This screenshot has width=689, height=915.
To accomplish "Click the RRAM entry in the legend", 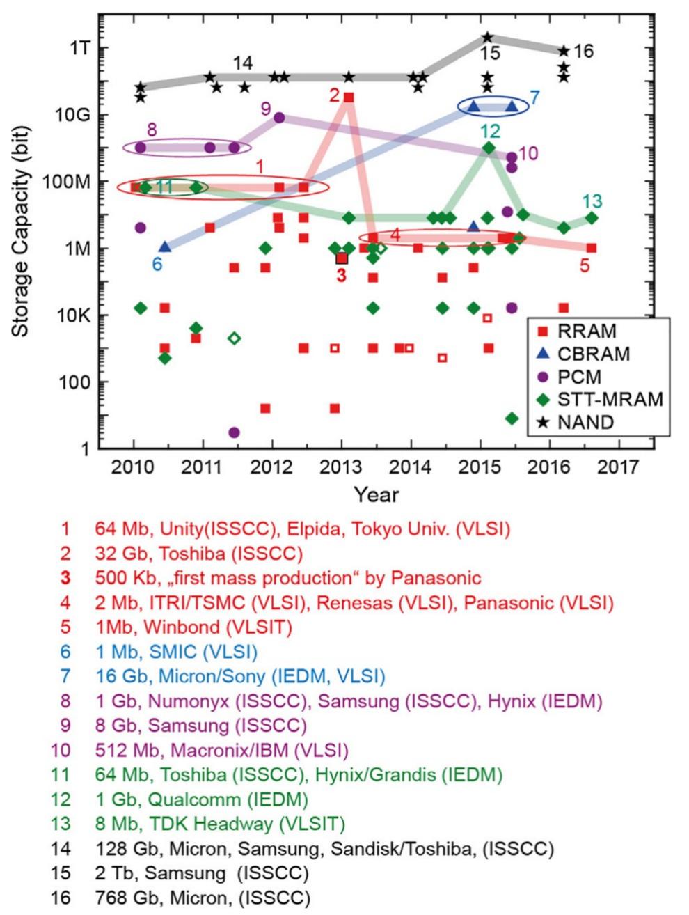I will tap(588, 331).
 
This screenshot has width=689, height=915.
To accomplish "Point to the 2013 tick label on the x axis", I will tap(341, 466).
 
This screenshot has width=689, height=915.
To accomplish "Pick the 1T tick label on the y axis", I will tap(74, 48).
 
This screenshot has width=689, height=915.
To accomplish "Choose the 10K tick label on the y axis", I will tap(70, 315).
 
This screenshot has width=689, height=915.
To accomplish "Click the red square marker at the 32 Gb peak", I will tap(349, 97).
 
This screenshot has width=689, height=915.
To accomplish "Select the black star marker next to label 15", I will tap(487, 37).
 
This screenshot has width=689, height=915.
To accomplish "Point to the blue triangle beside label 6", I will tap(164, 247).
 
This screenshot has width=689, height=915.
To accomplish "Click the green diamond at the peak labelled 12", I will tap(489, 148).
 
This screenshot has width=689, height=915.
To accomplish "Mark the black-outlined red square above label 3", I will tap(342, 258).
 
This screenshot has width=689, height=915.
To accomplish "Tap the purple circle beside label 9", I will tap(279, 118).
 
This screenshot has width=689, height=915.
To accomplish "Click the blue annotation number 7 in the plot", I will tap(534, 97).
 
